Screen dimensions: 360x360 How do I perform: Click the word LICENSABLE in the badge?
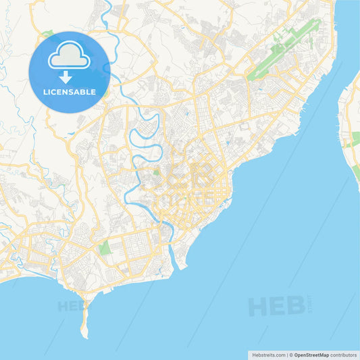coord(70,91)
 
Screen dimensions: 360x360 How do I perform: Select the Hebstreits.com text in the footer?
coord(267,355)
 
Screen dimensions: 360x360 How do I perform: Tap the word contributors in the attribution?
coord(344,355)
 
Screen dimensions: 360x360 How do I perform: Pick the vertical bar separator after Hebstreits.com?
coord(288,355)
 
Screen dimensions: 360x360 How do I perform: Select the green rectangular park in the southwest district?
coord(105,248)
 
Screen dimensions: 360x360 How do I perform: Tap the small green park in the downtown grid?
coord(157,173)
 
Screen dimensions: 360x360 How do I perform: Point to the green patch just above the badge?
coord(48,32)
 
